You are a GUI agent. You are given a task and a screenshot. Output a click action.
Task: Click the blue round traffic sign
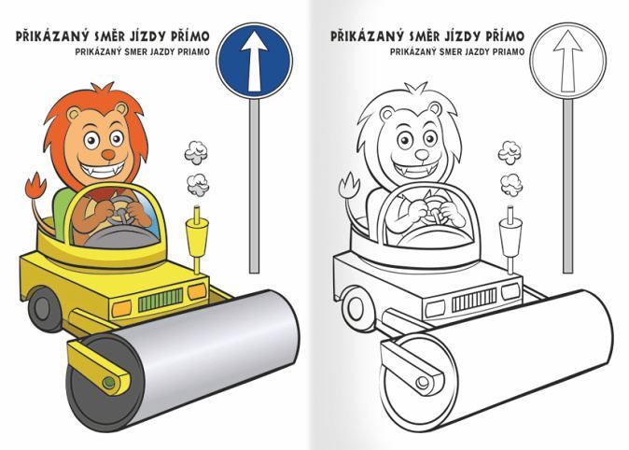click(255, 61)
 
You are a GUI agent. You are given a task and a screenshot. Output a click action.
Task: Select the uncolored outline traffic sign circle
click(567, 61)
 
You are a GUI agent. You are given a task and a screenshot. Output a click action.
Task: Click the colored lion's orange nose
click(108, 154)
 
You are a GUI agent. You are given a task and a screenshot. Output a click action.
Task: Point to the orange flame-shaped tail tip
click(35, 186)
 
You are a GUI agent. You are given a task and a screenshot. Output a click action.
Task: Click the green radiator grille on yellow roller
click(161, 300)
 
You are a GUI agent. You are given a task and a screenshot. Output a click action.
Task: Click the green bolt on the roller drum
click(108, 382)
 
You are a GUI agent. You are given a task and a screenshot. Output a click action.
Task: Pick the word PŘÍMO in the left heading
click(189, 36)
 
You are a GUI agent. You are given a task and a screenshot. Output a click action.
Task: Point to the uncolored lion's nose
click(422, 154)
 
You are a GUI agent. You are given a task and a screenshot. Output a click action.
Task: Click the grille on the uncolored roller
click(474, 300)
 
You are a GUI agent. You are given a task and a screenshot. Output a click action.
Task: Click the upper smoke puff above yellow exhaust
click(196, 152)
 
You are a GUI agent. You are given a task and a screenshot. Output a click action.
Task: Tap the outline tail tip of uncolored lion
click(349, 186)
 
